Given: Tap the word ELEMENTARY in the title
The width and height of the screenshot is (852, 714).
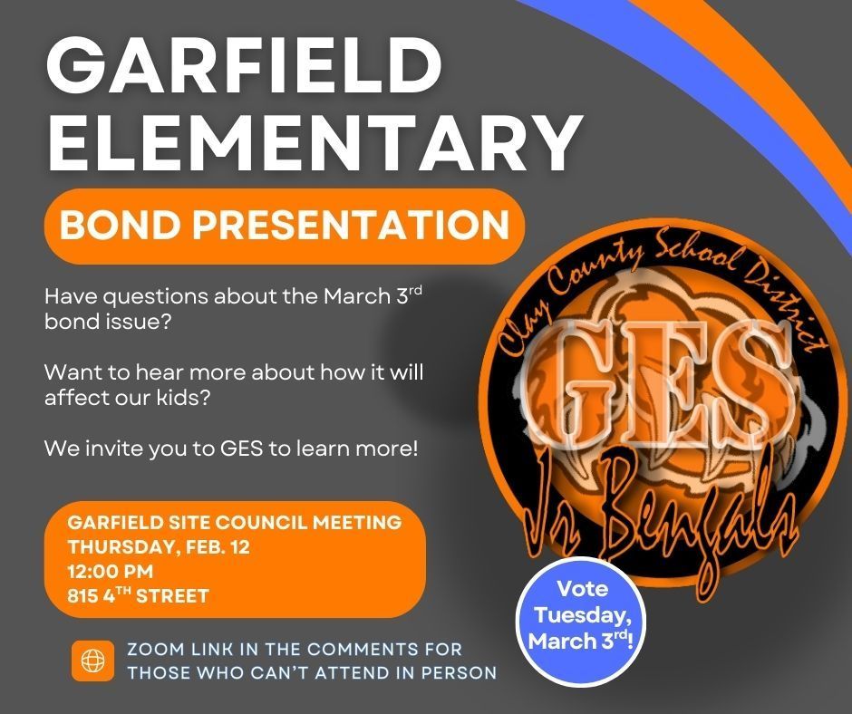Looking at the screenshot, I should click(314, 142).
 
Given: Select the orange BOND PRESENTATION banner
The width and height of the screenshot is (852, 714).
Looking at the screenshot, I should click(285, 226).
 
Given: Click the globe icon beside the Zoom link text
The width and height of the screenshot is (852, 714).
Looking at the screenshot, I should click(92, 661).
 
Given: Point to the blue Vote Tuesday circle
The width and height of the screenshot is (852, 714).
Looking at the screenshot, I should click(581, 615).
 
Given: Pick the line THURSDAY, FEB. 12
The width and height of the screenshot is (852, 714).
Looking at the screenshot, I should click(159, 547).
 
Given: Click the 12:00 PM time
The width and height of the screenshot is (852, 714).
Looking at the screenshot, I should click(111, 572).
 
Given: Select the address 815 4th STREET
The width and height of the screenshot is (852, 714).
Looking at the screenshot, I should click(139, 596).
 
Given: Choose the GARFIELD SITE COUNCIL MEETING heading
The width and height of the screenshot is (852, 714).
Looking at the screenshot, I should click(235, 523).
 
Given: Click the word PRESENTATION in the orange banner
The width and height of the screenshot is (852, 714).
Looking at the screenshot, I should click(353, 226).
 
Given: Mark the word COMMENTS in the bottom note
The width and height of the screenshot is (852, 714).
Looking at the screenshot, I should click(363, 650).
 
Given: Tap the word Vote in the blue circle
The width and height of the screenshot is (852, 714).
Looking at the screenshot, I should click(582, 589).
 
